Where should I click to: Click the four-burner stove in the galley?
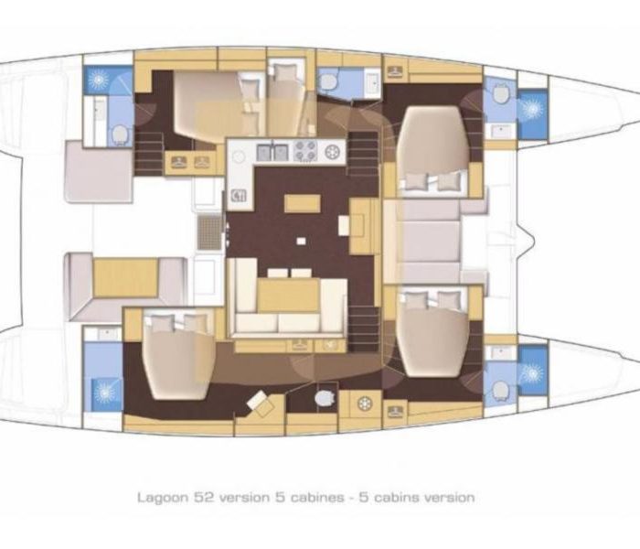pyautogui.click(x=305, y=151)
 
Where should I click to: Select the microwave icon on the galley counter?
pyautogui.click(x=239, y=196)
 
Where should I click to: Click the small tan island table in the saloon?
pyautogui.click(x=303, y=203)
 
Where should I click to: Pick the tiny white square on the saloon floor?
pyautogui.click(x=301, y=241)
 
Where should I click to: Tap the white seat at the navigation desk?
pyautogui.click(x=344, y=225)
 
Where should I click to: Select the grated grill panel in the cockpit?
pyautogui.click(x=209, y=232)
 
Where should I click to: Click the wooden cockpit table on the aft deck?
pyautogui.click(x=126, y=278)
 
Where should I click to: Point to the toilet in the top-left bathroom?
pyautogui.click(x=120, y=135)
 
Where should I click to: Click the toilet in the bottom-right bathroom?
pyautogui.click(x=499, y=390)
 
